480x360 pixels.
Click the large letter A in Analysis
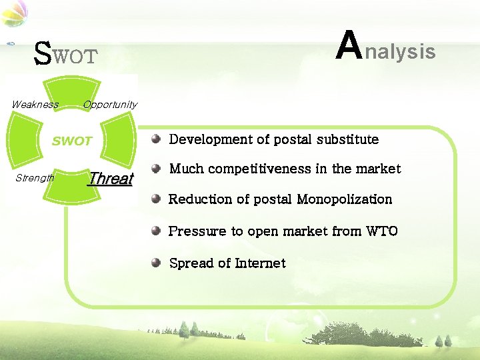pyautogui.click(x=349, y=45)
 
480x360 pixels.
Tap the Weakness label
pyautogui.click(x=35, y=105)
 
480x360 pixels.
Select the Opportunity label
pyautogui.click(x=110, y=105)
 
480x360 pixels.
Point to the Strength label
pyautogui.click(x=34, y=178)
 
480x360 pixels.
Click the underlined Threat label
pyautogui.click(x=111, y=179)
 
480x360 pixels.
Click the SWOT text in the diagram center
pyautogui.click(x=72, y=141)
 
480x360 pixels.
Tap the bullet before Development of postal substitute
pyautogui.click(x=155, y=139)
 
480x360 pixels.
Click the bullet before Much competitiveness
pyautogui.click(x=155, y=168)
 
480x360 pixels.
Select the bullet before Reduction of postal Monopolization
pyautogui.click(x=155, y=198)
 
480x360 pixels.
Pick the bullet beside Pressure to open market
pyautogui.click(x=155, y=231)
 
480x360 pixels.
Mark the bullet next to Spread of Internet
pyautogui.click(x=155, y=262)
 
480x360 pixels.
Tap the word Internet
pyautogui.click(x=260, y=263)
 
